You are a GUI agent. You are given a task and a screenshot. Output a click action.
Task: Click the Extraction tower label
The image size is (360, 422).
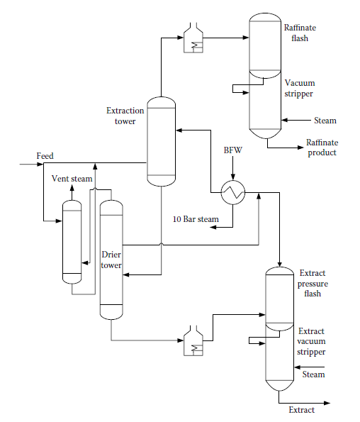click(x=125, y=116)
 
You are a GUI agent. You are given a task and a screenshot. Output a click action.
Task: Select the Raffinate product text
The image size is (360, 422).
click(x=321, y=148)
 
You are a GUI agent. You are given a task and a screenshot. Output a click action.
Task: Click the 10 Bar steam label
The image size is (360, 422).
click(x=195, y=219)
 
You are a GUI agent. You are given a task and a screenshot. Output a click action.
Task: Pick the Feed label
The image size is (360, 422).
click(x=45, y=155)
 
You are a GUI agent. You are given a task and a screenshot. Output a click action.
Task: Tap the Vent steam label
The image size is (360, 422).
click(x=72, y=179)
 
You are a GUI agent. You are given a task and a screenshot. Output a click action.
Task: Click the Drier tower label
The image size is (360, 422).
click(x=112, y=260)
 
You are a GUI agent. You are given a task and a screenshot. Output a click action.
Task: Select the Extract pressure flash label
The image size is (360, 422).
click(x=315, y=283)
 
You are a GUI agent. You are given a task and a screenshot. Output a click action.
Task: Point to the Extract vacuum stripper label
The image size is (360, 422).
click(x=312, y=341)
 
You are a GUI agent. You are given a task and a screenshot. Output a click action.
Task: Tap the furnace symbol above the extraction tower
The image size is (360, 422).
click(x=193, y=41)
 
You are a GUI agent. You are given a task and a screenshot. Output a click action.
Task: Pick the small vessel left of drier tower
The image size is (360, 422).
click(x=71, y=241)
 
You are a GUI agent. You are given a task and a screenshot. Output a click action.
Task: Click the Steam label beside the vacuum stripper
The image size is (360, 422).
click(x=325, y=121)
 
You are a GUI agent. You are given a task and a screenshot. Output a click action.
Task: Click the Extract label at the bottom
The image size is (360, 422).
click(x=301, y=409)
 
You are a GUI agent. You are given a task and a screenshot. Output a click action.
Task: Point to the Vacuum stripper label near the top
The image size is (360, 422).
click(x=298, y=87)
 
